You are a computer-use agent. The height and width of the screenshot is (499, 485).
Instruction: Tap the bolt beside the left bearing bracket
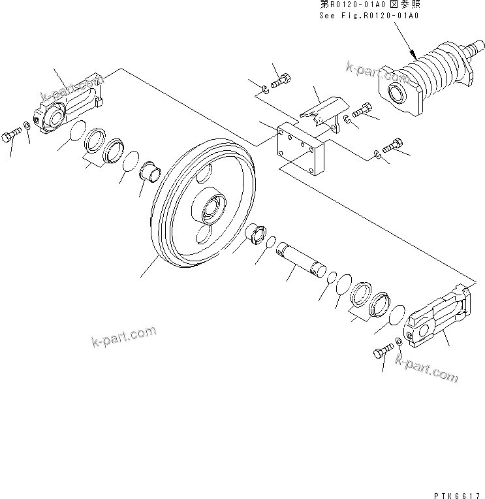[x=12, y=137]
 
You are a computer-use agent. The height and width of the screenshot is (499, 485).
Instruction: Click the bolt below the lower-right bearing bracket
[x=380, y=353]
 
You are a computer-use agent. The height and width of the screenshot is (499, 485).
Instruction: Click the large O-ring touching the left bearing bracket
[x=77, y=130]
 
